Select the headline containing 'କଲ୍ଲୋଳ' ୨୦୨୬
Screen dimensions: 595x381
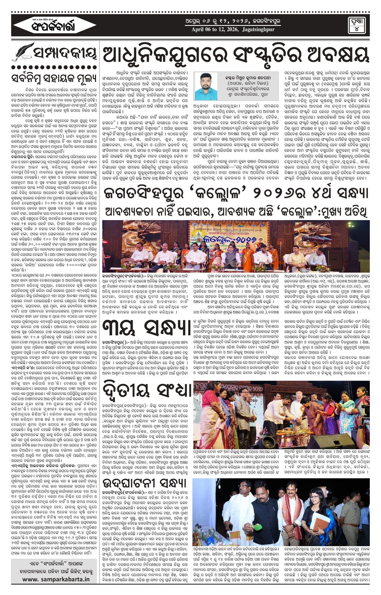pyautogui.click(x=236, y=193)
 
